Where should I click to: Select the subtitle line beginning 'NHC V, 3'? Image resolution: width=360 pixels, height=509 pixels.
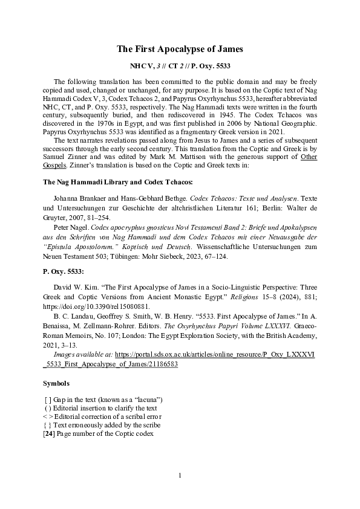click(180, 64)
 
